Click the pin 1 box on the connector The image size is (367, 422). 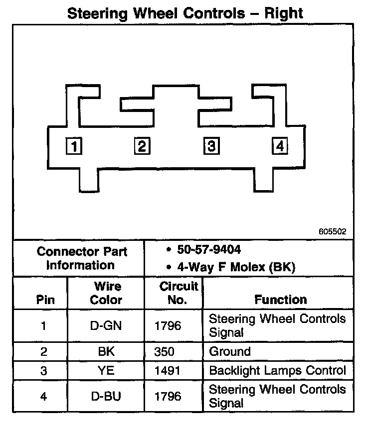pyautogui.click(x=74, y=147)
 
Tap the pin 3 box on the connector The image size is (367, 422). pyautogui.click(x=211, y=146)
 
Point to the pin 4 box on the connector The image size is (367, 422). pyautogui.click(x=280, y=146)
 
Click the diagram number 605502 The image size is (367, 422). pyautogui.click(x=333, y=232)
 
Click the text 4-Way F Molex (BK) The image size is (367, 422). pyautogui.click(x=236, y=267)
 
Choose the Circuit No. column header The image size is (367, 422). pyautogui.click(x=179, y=293)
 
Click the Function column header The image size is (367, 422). pyautogui.click(x=281, y=300)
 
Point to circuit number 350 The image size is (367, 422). pyautogui.click(x=165, y=352)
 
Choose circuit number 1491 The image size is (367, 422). pyautogui.click(x=168, y=371)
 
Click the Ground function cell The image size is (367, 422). pyautogui.click(x=230, y=352)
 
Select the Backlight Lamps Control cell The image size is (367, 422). pyautogui.click(x=277, y=371)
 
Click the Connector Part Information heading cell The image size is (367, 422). pyautogui.click(x=82, y=258)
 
